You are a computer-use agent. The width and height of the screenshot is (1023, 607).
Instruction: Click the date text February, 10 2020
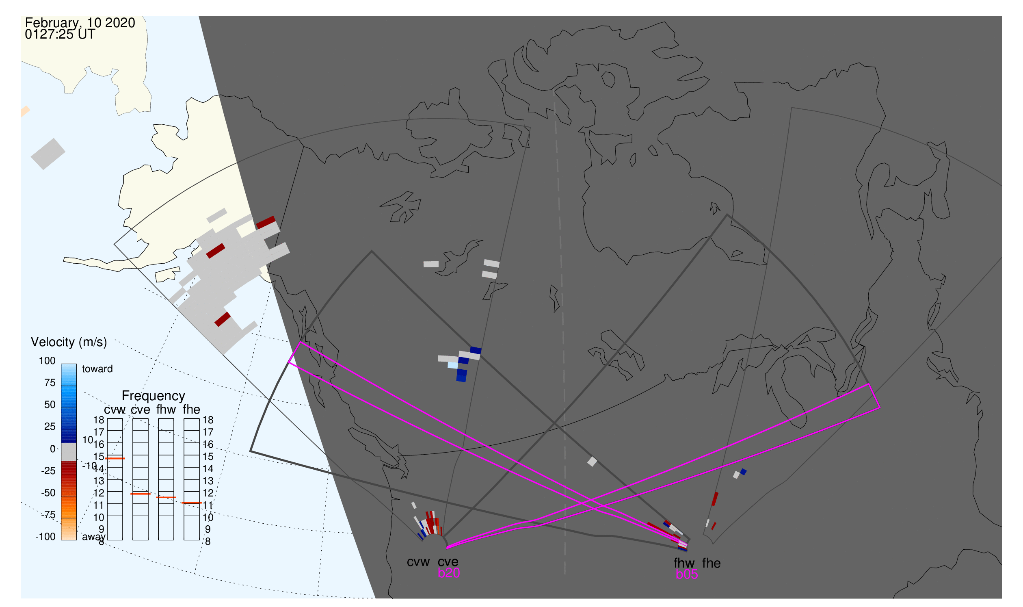(80, 23)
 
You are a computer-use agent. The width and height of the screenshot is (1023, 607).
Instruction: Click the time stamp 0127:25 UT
(60, 35)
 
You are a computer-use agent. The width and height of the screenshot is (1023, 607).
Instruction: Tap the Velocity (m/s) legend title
(69, 342)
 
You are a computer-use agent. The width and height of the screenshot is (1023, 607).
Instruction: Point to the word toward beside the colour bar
(97, 369)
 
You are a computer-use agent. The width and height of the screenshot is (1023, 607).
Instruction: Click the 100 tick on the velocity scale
(47, 361)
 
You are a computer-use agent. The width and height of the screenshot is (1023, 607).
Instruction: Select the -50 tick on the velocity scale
(48, 493)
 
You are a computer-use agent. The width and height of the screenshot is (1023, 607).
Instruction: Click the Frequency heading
(154, 396)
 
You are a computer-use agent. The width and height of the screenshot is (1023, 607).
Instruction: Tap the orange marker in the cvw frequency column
(115, 459)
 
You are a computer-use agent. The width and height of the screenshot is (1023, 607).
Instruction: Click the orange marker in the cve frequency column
(140, 494)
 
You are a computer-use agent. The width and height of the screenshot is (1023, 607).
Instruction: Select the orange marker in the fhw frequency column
(166, 497)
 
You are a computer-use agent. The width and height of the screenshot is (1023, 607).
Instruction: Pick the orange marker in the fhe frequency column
(191, 503)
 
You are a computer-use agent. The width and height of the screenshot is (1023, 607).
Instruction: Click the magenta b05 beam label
(686, 574)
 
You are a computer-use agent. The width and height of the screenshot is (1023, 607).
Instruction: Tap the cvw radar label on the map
(418, 562)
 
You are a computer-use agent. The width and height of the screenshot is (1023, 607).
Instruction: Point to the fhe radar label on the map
(711, 563)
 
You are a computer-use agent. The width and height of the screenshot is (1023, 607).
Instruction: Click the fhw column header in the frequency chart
(166, 410)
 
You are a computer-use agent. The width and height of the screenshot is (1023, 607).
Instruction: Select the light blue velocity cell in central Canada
(453, 365)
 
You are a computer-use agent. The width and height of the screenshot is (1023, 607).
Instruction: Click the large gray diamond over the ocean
(48, 154)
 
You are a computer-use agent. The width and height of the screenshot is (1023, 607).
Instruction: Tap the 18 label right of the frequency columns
(208, 420)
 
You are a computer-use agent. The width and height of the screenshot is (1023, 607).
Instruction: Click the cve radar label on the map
(448, 562)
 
